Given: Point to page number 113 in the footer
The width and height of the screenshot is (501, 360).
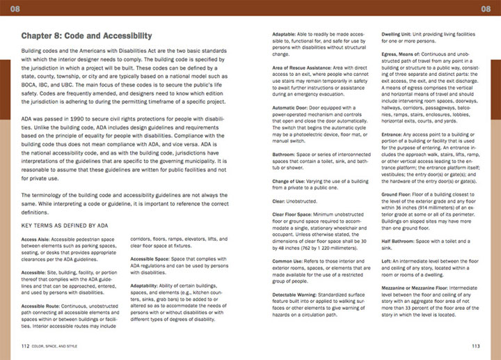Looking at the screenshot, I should (x=475, y=345).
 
